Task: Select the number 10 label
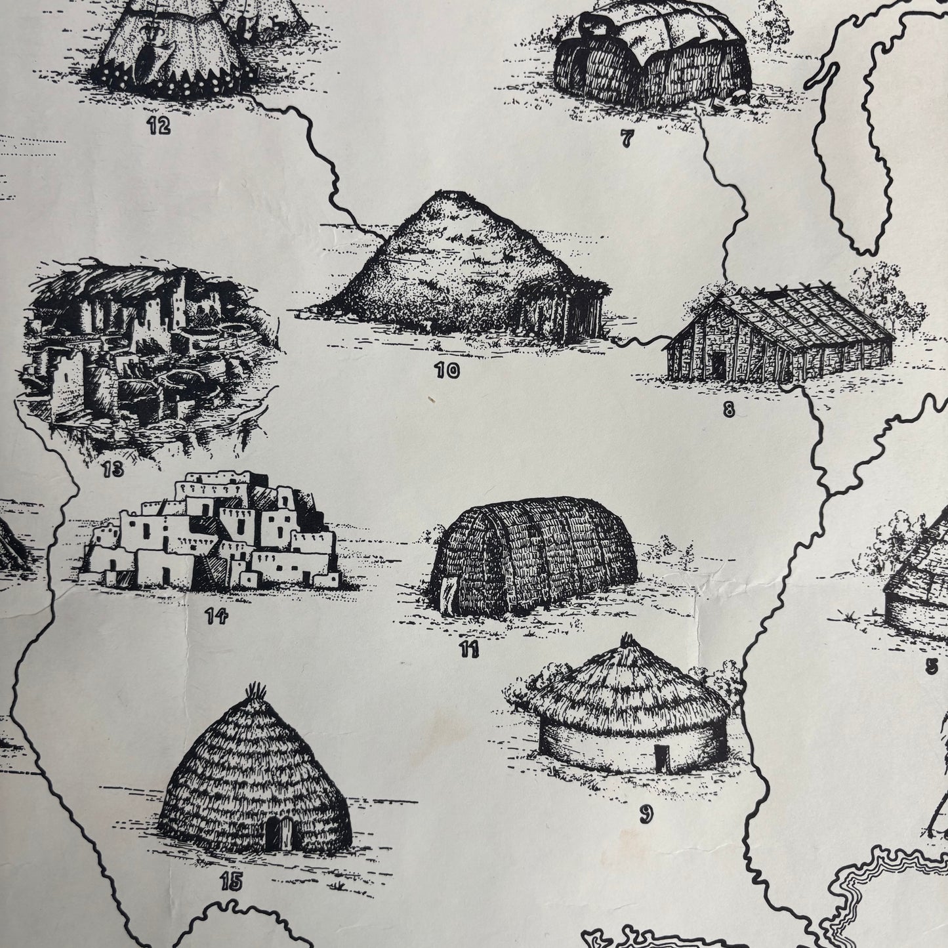(x=447, y=371)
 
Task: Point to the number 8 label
(x=728, y=411)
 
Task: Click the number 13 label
(x=113, y=470)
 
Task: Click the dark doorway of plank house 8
(x=719, y=365)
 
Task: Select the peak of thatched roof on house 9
(x=629, y=639)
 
